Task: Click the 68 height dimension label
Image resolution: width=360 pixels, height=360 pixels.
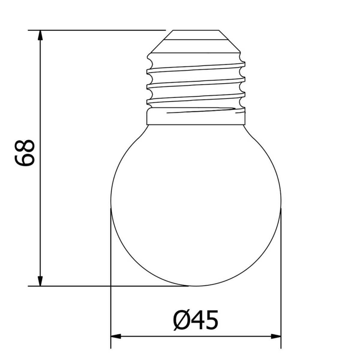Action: [25, 152]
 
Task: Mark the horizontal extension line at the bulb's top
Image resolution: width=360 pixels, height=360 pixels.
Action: [96, 30]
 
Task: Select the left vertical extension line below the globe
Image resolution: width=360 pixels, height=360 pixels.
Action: [111, 315]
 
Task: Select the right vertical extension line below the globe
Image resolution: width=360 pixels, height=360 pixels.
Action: [281, 315]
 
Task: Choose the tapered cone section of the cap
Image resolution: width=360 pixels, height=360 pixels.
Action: [196, 45]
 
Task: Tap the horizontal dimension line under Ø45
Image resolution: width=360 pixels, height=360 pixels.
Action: [196, 336]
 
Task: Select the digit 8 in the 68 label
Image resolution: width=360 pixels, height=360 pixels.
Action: [25, 145]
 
